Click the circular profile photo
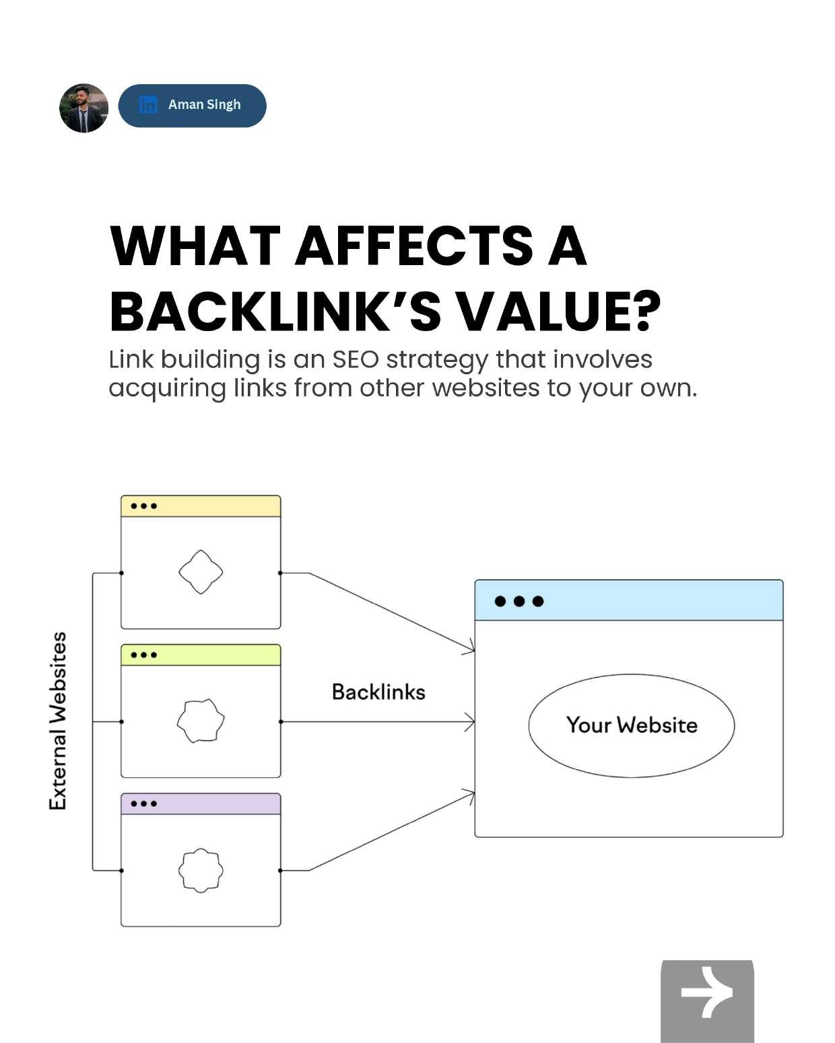(x=84, y=108)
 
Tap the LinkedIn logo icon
(x=147, y=104)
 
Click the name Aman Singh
(x=204, y=104)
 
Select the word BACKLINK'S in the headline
(x=275, y=312)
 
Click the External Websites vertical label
(x=59, y=721)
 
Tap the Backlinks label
(x=378, y=692)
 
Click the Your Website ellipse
(x=631, y=725)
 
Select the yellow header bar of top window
(x=201, y=506)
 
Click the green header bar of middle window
(x=201, y=655)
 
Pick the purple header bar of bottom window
(x=201, y=803)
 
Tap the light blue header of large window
(x=629, y=600)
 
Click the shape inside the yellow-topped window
(x=201, y=572)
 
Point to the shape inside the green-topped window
(x=201, y=720)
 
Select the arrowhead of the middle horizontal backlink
(x=470, y=722)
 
